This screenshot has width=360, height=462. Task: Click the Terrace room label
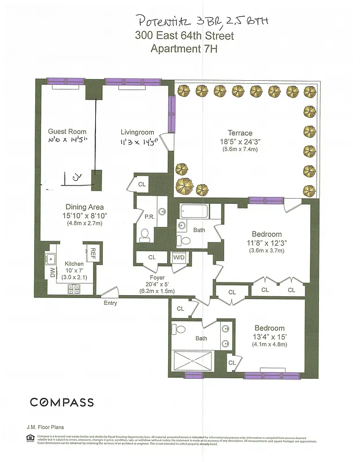tap(239, 132)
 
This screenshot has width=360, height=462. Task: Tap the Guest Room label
tap(67, 132)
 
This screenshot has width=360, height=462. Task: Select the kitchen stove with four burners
tap(75, 289)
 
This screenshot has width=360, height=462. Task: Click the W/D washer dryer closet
tap(178, 258)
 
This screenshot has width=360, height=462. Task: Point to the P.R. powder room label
tap(149, 218)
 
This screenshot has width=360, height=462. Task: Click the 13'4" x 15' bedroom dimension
tap(269, 337)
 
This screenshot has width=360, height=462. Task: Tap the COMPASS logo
tap(62, 402)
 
